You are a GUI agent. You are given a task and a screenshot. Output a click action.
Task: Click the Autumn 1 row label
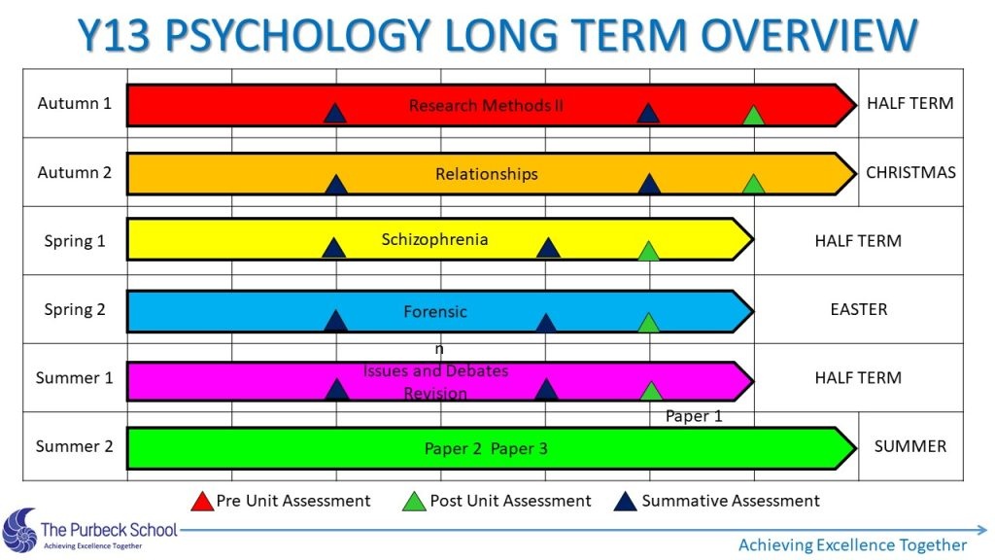(74, 103)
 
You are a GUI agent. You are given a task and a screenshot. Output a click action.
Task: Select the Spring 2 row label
(74, 310)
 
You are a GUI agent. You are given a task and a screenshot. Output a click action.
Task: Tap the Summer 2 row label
(74, 446)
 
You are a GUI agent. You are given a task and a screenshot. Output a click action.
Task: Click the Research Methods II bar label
(486, 105)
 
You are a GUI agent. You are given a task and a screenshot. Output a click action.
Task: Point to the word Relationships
(487, 174)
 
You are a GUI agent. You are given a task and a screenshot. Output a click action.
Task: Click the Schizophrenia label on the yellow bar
(434, 239)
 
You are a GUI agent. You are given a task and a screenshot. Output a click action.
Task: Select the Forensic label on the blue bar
(435, 312)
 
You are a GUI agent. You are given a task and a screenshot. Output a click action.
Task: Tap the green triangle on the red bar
(753, 116)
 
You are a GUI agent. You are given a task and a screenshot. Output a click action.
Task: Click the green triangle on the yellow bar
(648, 252)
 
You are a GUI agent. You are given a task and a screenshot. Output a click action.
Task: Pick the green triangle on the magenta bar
(651, 391)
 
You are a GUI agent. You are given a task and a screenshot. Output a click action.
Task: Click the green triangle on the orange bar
(753, 184)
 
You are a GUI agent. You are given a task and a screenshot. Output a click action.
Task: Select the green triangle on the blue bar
(648, 323)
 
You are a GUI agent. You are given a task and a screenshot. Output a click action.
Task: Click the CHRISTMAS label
(910, 173)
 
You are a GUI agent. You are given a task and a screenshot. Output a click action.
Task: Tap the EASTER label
(859, 310)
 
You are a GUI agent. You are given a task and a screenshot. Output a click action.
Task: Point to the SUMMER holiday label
(910, 446)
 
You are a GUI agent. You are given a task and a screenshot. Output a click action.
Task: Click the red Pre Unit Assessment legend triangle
(202, 502)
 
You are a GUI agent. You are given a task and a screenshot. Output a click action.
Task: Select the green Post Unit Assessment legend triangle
(414, 502)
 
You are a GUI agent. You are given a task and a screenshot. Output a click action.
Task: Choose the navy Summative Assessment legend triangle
(625, 502)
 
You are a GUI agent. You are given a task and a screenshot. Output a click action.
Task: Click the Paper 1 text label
(694, 416)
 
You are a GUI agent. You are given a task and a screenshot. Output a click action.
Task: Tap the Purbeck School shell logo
(19, 531)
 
